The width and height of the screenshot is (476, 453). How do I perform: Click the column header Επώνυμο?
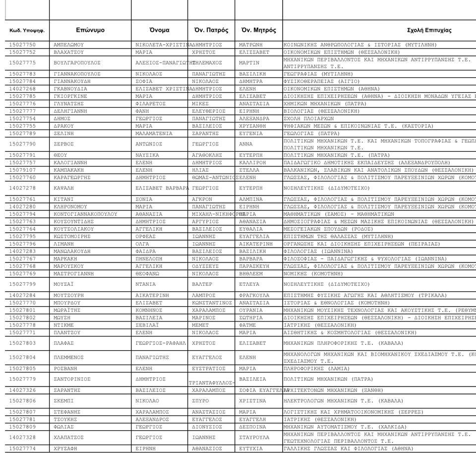pos(90,30)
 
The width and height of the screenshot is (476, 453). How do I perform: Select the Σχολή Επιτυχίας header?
pos(429,30)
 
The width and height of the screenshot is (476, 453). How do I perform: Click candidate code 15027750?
pos(23,45)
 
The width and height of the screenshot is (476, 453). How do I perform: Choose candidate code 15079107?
pos(23,170)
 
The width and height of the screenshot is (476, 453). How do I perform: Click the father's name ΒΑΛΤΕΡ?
pos(201,284)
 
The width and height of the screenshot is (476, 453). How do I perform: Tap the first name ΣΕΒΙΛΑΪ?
pos(147,325)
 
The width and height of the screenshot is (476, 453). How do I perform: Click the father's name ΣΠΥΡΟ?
pos(201,401)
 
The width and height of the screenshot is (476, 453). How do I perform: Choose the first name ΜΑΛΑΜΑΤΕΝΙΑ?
pos(154,133)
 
